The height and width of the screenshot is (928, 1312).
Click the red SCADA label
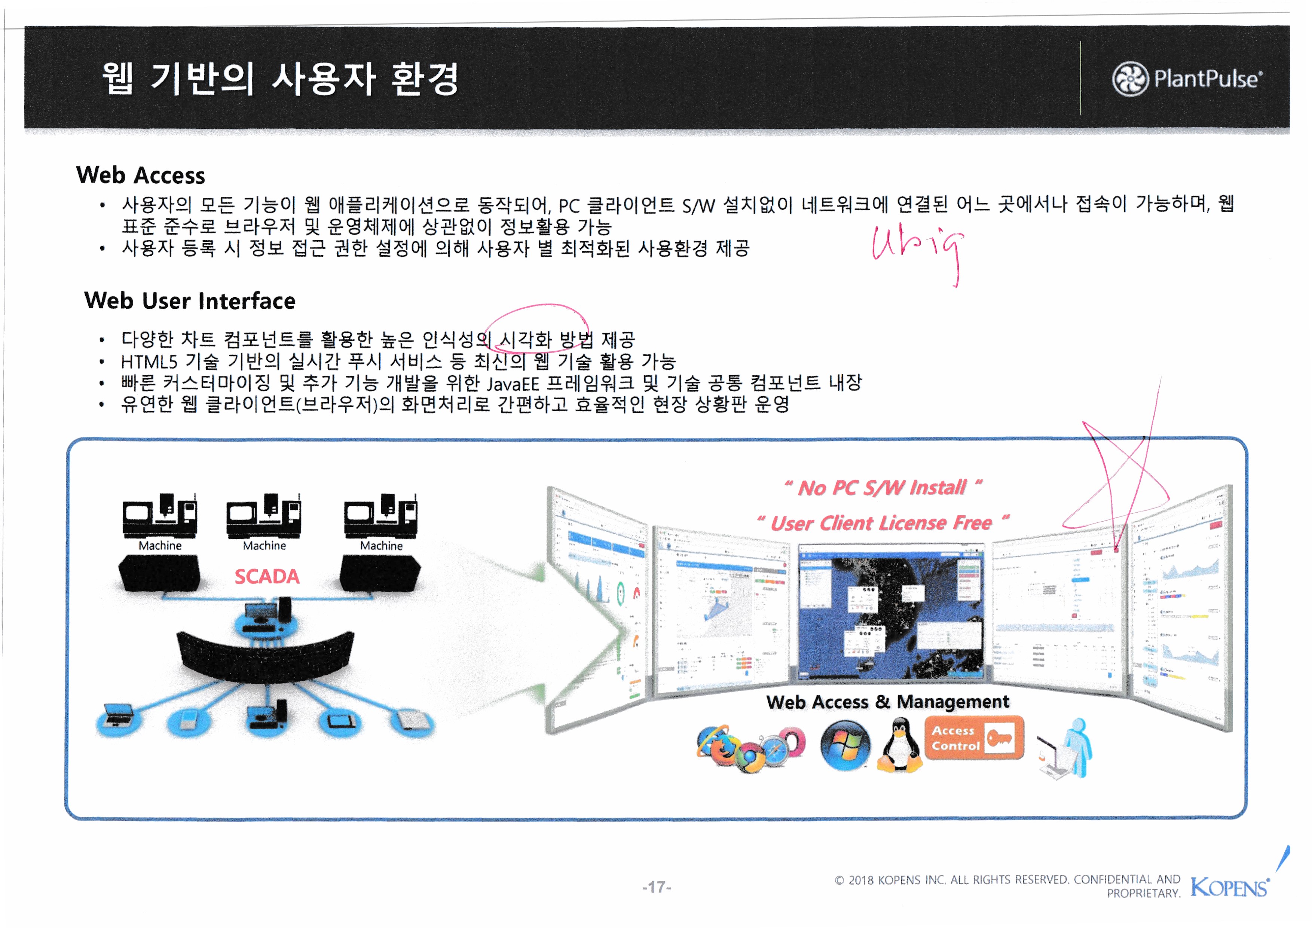267,577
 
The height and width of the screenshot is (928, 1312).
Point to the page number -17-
657,887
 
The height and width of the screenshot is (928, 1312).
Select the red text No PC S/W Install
883,488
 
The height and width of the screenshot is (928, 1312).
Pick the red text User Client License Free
883,523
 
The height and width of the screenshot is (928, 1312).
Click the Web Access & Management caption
887,702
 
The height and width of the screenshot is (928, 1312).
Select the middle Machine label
264,546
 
